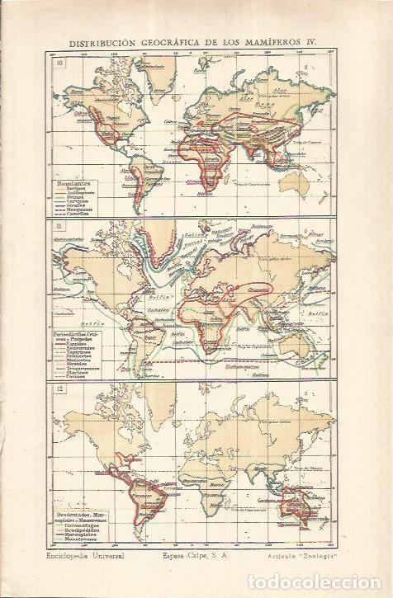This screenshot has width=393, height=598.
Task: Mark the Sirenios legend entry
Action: pos(78,359)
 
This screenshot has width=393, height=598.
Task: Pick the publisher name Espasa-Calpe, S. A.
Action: pos(195,558)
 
